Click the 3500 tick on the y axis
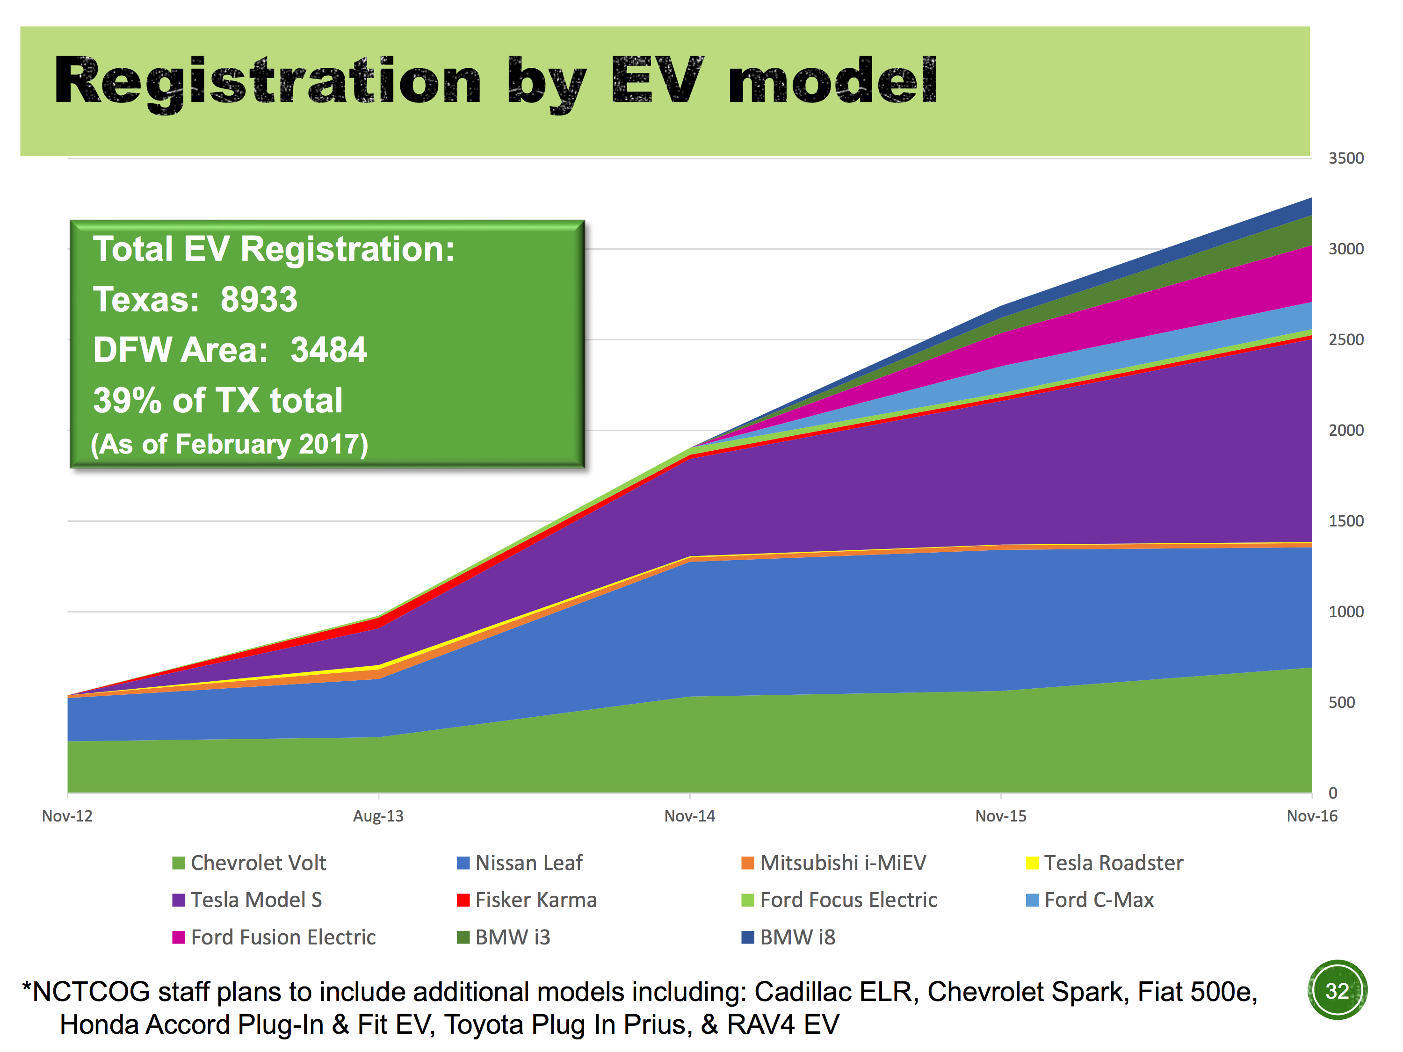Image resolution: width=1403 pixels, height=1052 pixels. [1345, 159]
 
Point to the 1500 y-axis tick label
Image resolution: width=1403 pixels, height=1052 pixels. [1345, 521]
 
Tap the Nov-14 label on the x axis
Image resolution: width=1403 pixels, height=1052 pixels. [689, 816]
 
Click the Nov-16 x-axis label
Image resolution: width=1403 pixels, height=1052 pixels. [1312, 816]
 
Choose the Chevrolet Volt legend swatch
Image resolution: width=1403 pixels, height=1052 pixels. [178, 863]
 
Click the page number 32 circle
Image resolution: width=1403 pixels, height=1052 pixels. [1337, 990]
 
